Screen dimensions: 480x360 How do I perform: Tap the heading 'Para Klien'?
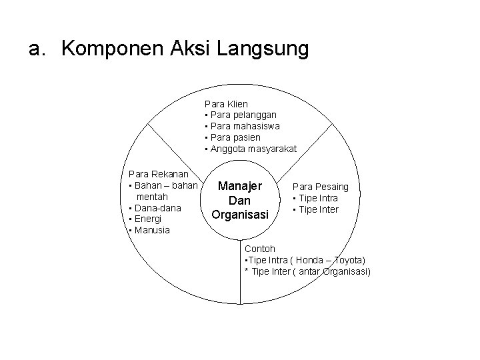click(227, 104)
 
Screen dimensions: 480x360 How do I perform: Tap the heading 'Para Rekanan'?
click(158, 173)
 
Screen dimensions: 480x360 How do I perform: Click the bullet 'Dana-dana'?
click(157, 207)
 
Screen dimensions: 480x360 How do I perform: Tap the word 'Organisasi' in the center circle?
click(239, 214)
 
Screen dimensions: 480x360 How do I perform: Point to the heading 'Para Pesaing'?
click(321, 187)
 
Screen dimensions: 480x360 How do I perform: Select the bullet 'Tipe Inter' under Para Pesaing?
click(319, 210)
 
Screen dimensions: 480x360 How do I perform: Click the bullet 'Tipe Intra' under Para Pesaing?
click(319, 199)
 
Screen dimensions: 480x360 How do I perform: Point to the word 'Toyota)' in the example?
click(349, 260)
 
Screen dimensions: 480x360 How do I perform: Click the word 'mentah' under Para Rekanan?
click(151, 196)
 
